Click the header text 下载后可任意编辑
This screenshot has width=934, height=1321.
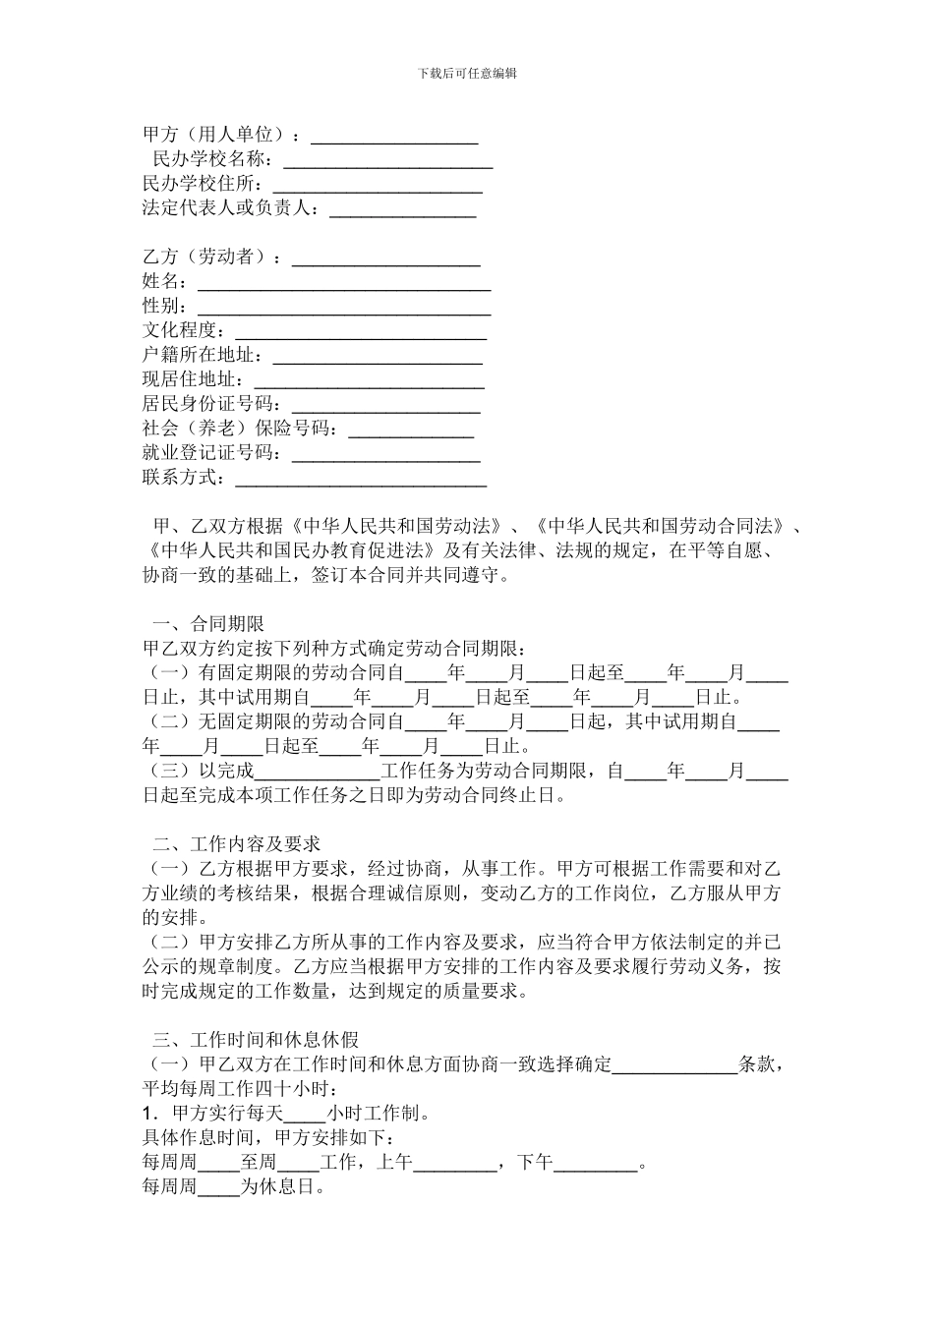coord(467,73)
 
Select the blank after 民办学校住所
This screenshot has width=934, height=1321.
coord(378,186)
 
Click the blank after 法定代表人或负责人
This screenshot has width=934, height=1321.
coord(402,209)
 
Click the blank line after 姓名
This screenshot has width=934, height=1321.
coord(344,283)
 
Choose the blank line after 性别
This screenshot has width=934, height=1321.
coord(344,308)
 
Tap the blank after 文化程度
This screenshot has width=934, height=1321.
coord(360,332)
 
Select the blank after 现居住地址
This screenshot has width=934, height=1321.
coord(368,380)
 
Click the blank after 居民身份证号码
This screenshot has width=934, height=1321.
coord(386,405)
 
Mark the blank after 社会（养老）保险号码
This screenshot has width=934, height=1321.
coord(412,430)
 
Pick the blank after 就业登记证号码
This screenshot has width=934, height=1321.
coord(386,454)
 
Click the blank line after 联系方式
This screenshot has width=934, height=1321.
coord(360,479)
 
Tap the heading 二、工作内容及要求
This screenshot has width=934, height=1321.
coord(236,844)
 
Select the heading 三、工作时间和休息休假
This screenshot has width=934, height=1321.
coord(255,1040)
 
